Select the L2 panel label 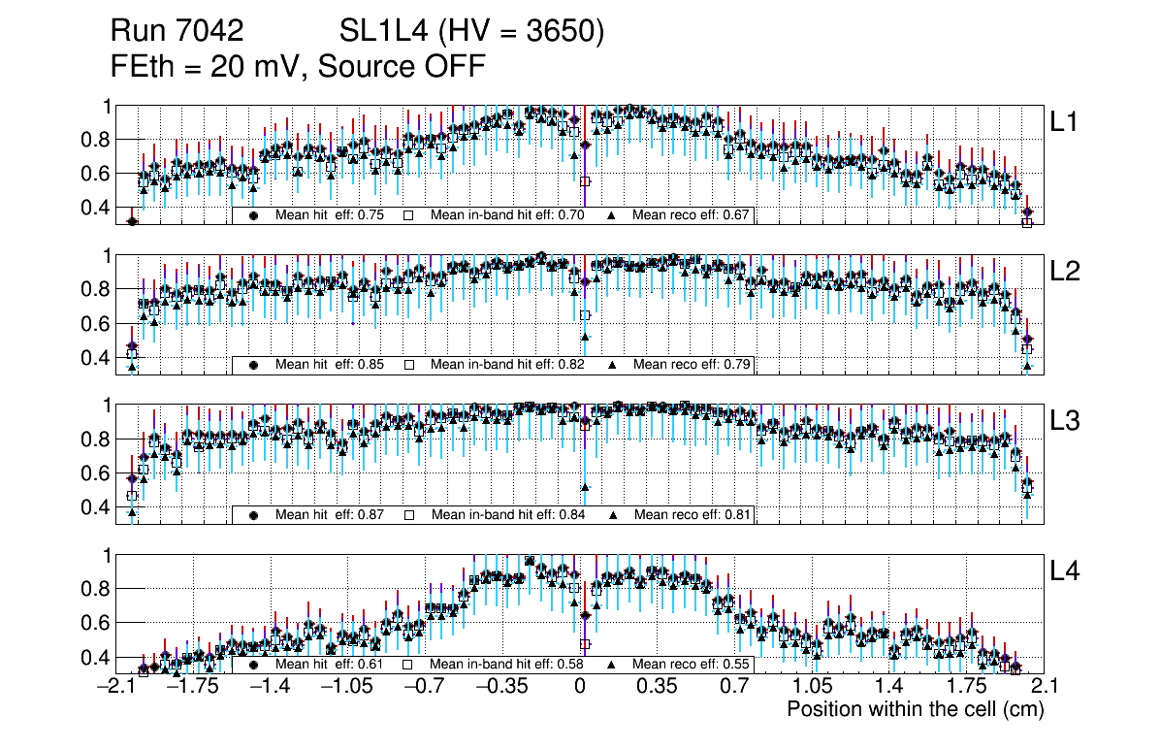[1065, 272]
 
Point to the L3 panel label [1065, 421]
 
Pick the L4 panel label [1065, 571]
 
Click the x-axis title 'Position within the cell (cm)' [915, 709]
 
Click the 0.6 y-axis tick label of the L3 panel [95, 473]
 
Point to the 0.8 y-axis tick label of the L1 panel [95, 140]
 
